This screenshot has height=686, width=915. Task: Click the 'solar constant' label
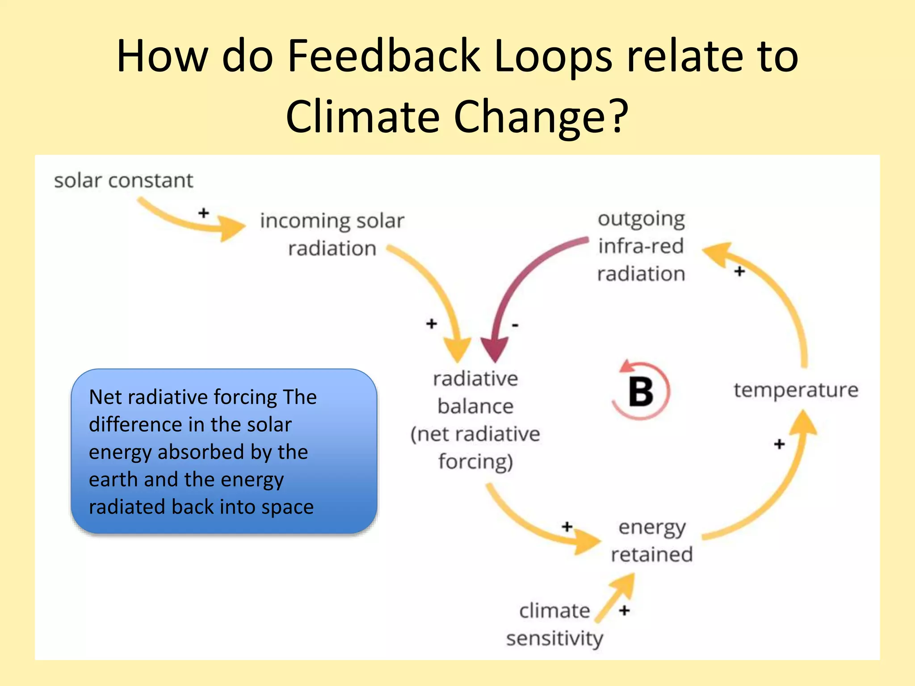(123, 181)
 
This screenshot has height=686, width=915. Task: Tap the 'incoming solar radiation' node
(332, 234)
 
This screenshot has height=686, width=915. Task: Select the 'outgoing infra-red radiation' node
(641, 246)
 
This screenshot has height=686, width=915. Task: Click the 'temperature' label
(796, 390)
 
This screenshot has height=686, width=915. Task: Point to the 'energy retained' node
(652, 541)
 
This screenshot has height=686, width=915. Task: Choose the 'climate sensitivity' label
(554, 624)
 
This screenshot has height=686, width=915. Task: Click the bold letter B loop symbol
(641, 392)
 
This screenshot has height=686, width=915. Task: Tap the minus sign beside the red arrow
(515, 325)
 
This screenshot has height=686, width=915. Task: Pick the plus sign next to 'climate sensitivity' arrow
(625, 610)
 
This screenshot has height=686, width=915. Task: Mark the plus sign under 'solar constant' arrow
(204, 213)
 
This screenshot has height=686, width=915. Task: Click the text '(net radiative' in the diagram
(475, 434)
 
